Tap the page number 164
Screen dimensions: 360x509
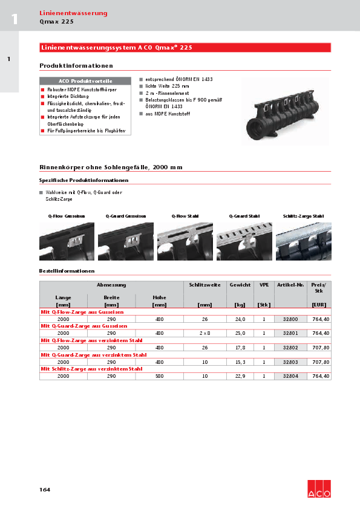click(45, 489)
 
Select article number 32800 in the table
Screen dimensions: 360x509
click(291, 319)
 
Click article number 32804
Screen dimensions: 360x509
click(291, 376)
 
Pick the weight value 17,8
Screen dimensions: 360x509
click(240, 348)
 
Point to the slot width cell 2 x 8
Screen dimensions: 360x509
click(205, 333)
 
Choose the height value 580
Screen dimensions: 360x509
click(159, 376)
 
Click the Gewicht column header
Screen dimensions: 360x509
click(240, 284)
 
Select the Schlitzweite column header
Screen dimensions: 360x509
click(205, 284)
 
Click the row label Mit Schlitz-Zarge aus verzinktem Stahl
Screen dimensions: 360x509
click(91, 369)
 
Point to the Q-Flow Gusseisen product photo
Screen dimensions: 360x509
click(67, 241)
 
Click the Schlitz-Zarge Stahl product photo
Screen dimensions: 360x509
click(303, 241)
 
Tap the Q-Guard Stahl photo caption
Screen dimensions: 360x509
click(244, 216)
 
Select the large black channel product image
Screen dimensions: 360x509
click(282, 112)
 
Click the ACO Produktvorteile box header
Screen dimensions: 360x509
click(85, 80)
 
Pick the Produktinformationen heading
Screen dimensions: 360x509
click(76, 65)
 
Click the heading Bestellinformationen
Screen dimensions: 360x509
click(67, 271)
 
